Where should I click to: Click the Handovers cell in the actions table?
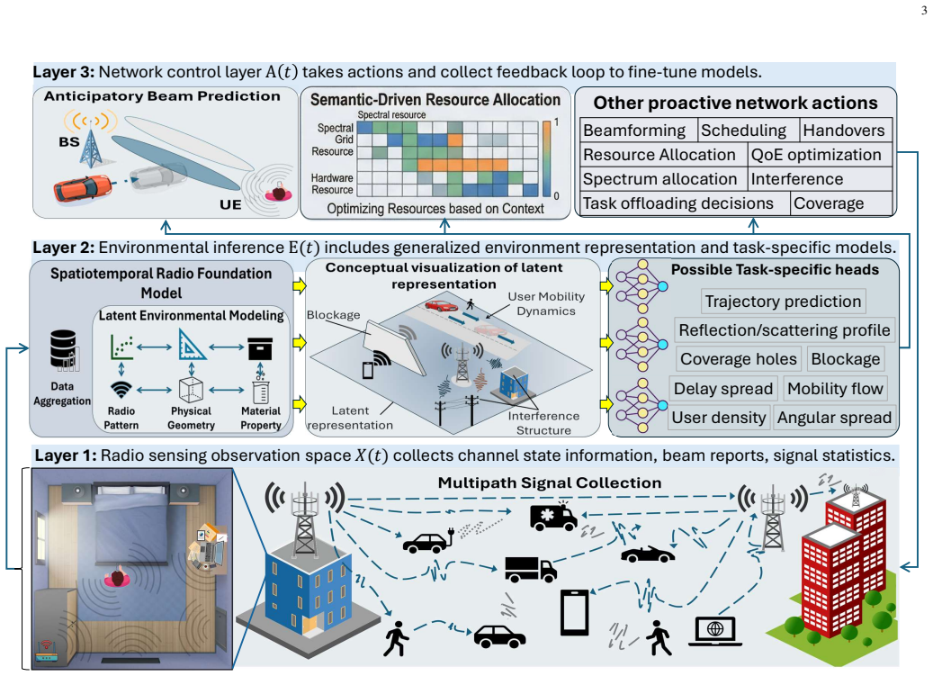tap(845, 131)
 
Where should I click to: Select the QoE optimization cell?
tap(820, 155)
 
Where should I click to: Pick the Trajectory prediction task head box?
tap(783, 302)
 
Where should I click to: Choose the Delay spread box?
tap(723, 389)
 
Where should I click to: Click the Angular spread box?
tap(834, 418)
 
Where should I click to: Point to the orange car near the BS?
tap(83, 187)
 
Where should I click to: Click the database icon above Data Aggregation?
tap(64, 350)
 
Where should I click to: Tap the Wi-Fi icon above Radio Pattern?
tap(121, 390)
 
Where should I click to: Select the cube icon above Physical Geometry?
tap(191, 390)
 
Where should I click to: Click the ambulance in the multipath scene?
tap(553, 517)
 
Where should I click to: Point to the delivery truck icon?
tap(531, 569)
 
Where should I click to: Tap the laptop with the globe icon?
tap(715, 631)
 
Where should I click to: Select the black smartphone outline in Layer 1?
tap(575, 612)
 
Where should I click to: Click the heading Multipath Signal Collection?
tap(550, 482)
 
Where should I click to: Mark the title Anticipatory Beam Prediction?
tap(162, 96)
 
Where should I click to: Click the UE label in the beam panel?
tap(230, 204)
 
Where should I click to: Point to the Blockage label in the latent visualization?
tap(333, 315)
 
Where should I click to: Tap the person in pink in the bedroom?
tap(117, 578)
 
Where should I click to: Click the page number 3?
tap(923, 10)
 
